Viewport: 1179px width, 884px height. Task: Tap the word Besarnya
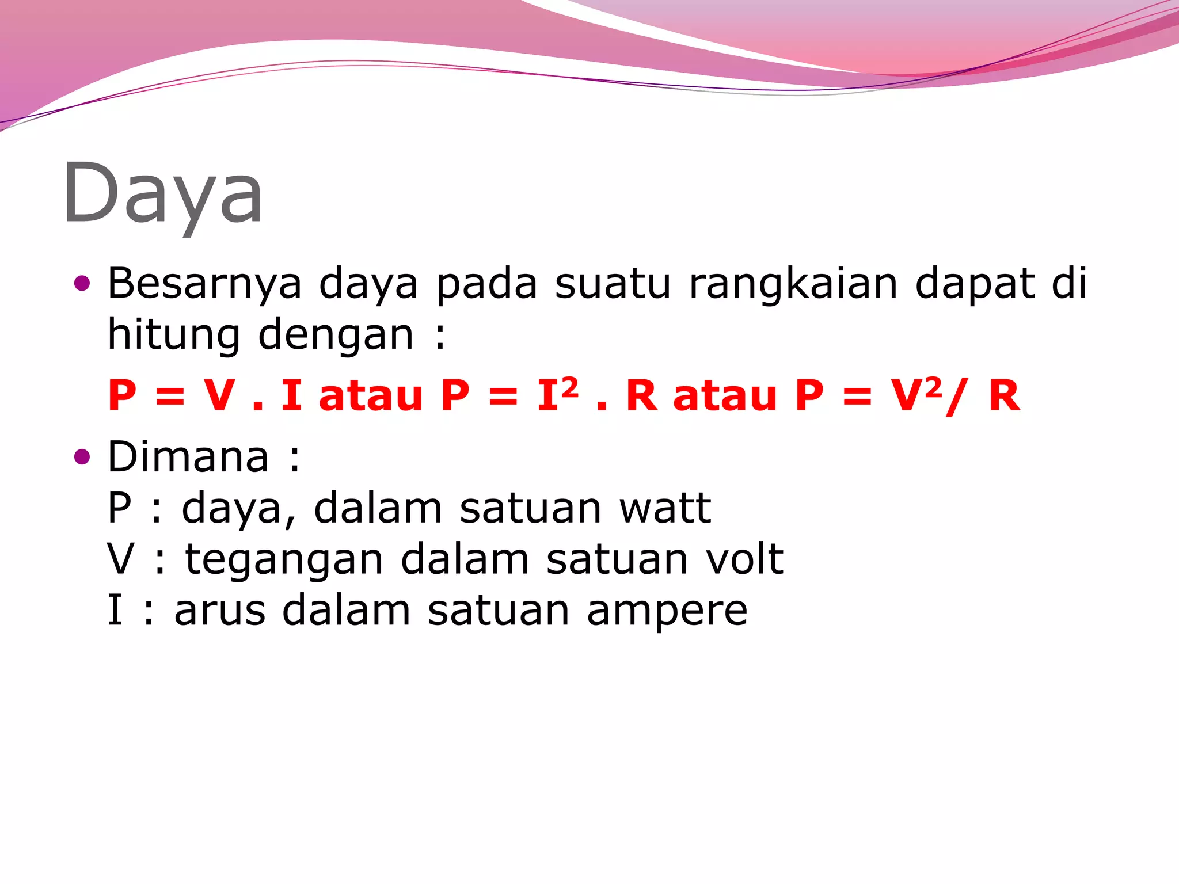coord(204,284)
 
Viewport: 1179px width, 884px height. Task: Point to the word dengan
coord(336,335)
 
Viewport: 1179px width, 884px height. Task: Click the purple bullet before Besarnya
coord(83,283)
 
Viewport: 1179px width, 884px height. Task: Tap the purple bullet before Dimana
coord(83,457)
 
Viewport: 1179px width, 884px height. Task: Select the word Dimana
coord(188,456)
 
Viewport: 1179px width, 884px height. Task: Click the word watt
coord(665,508)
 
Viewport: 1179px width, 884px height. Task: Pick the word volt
coord(744,559)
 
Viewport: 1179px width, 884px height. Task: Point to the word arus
coord(219,611)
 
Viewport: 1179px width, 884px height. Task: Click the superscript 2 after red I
coord(569,386)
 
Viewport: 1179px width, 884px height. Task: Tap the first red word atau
coord(371,396)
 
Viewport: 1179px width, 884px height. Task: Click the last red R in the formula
coord(1004,396)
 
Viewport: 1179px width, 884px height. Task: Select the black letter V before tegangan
coord(121,559)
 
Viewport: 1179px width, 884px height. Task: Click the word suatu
coord(613,284)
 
